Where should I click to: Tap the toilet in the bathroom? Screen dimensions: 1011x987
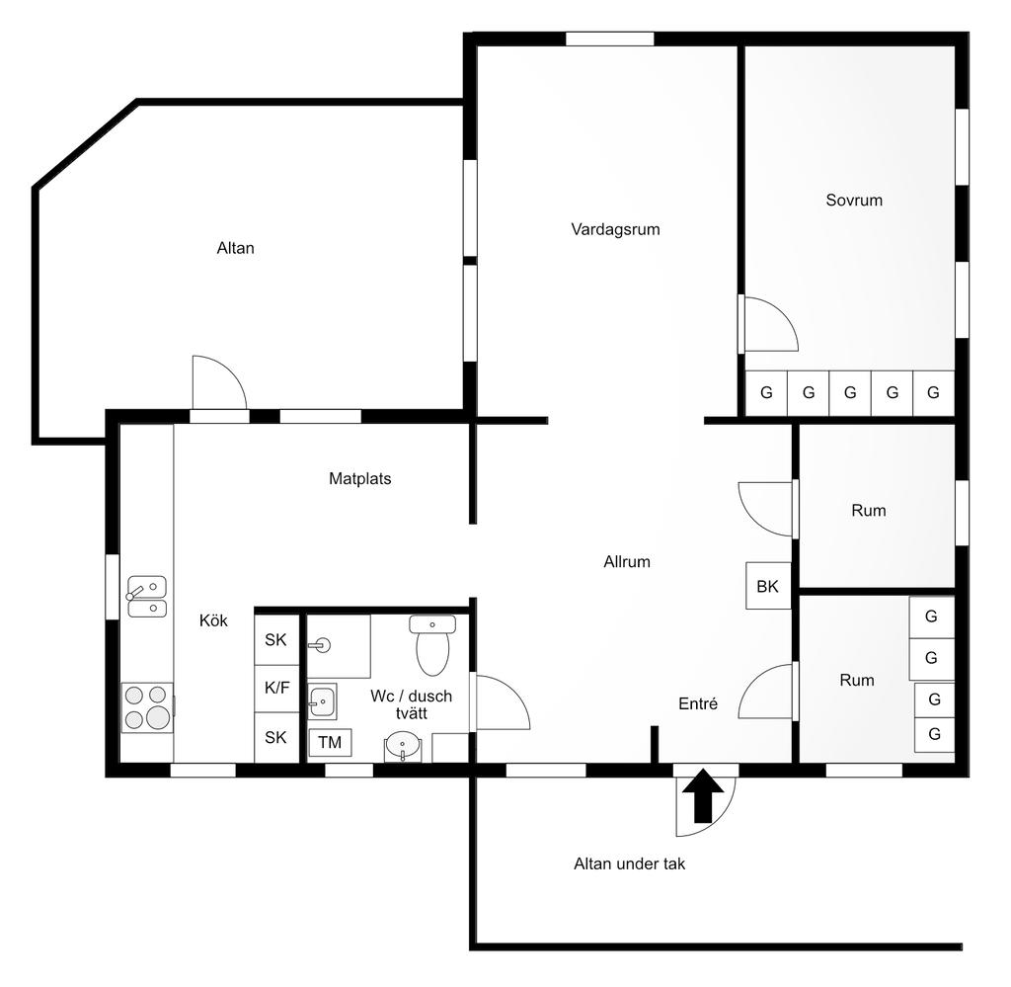click(432, 644)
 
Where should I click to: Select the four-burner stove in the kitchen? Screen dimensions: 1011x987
click(148, 707)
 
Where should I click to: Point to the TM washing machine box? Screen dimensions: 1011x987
click(330, 743)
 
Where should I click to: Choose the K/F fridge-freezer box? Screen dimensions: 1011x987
click(277, 689)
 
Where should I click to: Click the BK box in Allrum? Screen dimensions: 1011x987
click(768, 586)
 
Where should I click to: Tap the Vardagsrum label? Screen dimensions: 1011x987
click(615, 229)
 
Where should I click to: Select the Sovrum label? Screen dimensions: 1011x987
click(854, 200)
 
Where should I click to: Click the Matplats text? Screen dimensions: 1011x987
click(359, 478)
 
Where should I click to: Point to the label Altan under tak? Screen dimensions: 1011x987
click(629, 864)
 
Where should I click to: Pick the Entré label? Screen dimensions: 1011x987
click(698, 703)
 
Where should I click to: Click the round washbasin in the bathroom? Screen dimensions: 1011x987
click(403, 746)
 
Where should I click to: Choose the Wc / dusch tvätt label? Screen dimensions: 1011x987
click(412, 704)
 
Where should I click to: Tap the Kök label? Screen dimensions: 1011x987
click(213, 620)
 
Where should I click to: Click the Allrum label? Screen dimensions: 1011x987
click(627, 562)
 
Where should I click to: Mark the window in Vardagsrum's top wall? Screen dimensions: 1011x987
click(610, 39)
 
